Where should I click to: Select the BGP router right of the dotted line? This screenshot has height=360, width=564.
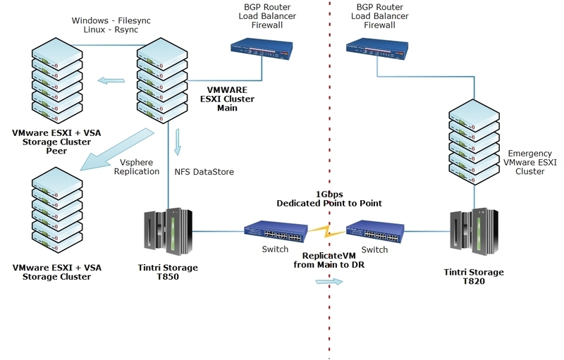click(x=377, y=48)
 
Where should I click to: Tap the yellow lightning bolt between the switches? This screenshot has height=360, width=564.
click(x=326, y=233)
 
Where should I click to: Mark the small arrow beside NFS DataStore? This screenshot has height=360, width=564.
click(x=179, y=141)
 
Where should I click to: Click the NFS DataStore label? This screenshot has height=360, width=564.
click(x=204, y=171)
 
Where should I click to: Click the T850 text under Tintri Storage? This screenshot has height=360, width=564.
click(x=168, y=278)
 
